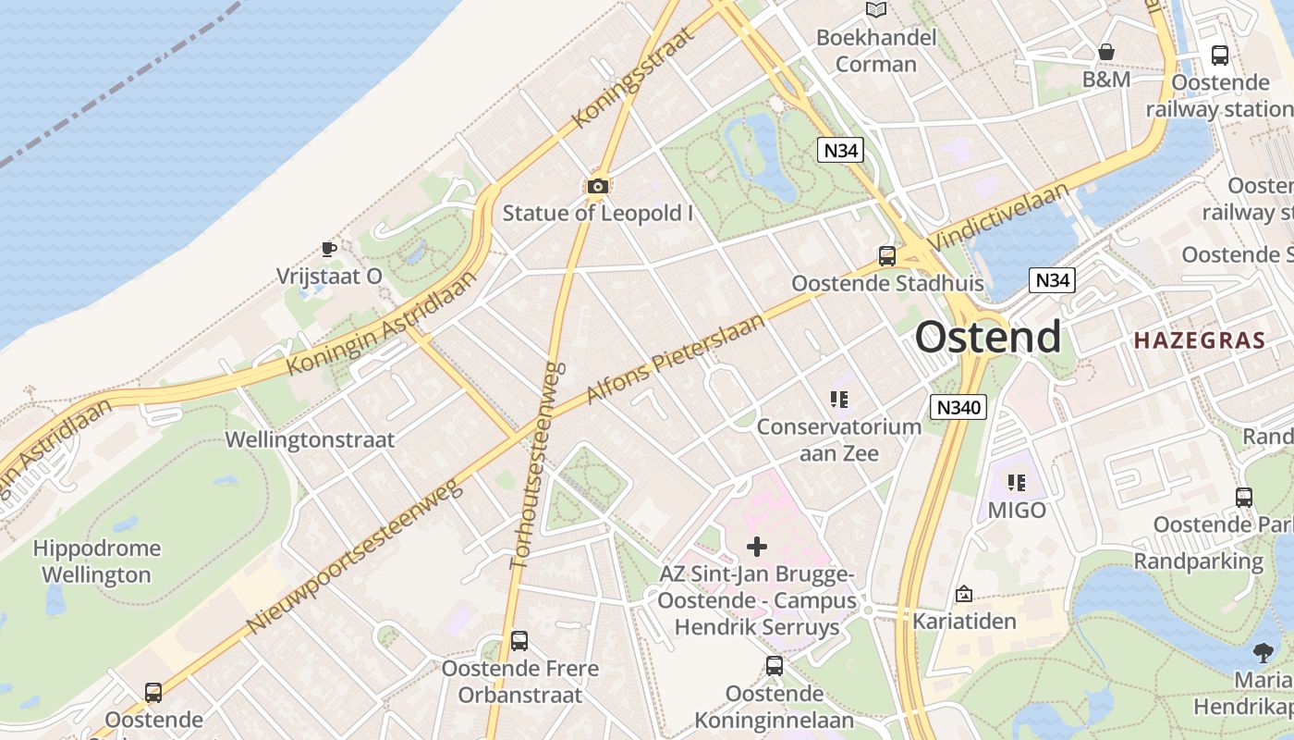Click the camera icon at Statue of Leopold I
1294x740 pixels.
pyautogui.click(x=598, y=187)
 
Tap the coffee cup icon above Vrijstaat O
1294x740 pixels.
pyautogui.click(x=328, y=249)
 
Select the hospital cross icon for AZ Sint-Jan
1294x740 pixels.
pyautogui.click(x=757, y=547)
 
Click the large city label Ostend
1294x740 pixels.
pyautogui.click(x=988, y=338)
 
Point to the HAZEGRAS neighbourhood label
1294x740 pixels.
pyautogui.click(x=1199, y=340)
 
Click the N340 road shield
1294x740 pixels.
pyautogui.click(x=958, y=407)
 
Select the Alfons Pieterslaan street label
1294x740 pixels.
pyautogui.click(x=677, y=359)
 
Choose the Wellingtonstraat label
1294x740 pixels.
pyautogui.click(x=310, y=439)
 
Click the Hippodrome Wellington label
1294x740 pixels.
pyautogui.click(x=96, y=561)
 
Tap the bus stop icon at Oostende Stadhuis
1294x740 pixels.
pyautogui.click(x=887, y=255)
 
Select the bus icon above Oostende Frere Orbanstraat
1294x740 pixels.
pyautogui.click(x=519, y=640)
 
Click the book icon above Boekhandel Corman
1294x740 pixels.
pyautogui.click(x=875, y=9)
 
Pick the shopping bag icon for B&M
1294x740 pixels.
pyautogui.click(x=1106, y=52)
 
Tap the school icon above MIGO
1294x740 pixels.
pyautogui.click(x=1017, y=482)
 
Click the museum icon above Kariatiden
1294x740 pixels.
pyautogui.click(x=964, y=594)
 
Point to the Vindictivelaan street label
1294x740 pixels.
pyautogui.click(x=999, y=216)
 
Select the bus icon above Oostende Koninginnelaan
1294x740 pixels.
pyautogui.click(x=775, y=665)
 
